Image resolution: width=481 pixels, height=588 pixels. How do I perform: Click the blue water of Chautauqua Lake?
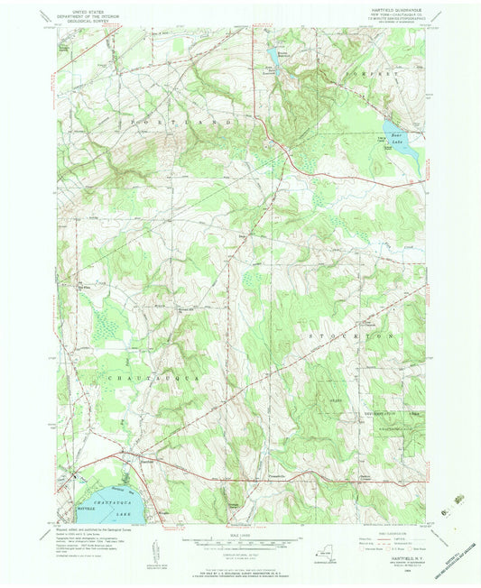(x=108, y=505)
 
